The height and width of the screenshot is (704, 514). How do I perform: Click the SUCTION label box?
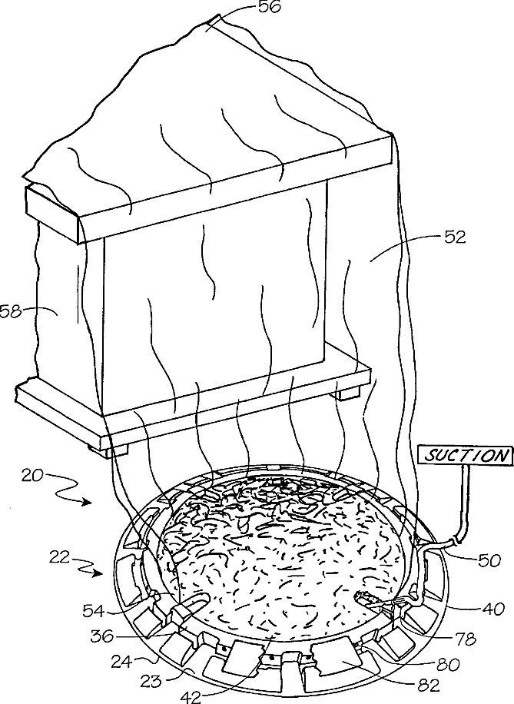(466, 455)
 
